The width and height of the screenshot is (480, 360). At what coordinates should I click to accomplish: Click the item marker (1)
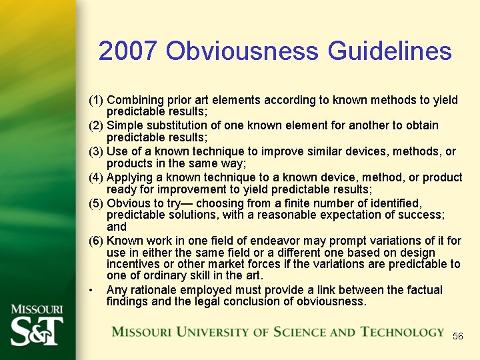(x=96, y=100)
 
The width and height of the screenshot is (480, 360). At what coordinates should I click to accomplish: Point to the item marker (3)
(x=96, y=152)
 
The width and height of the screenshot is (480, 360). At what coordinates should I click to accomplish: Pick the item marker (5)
(x=96, y=203)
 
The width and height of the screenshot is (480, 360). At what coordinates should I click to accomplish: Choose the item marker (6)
(x=96, y=241)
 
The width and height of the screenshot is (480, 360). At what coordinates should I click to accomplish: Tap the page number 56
(x=457, y=336)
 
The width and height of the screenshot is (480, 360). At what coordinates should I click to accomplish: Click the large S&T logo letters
(x=37, y=329)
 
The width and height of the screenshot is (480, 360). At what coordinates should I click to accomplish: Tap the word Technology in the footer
(x=402, y=331)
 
